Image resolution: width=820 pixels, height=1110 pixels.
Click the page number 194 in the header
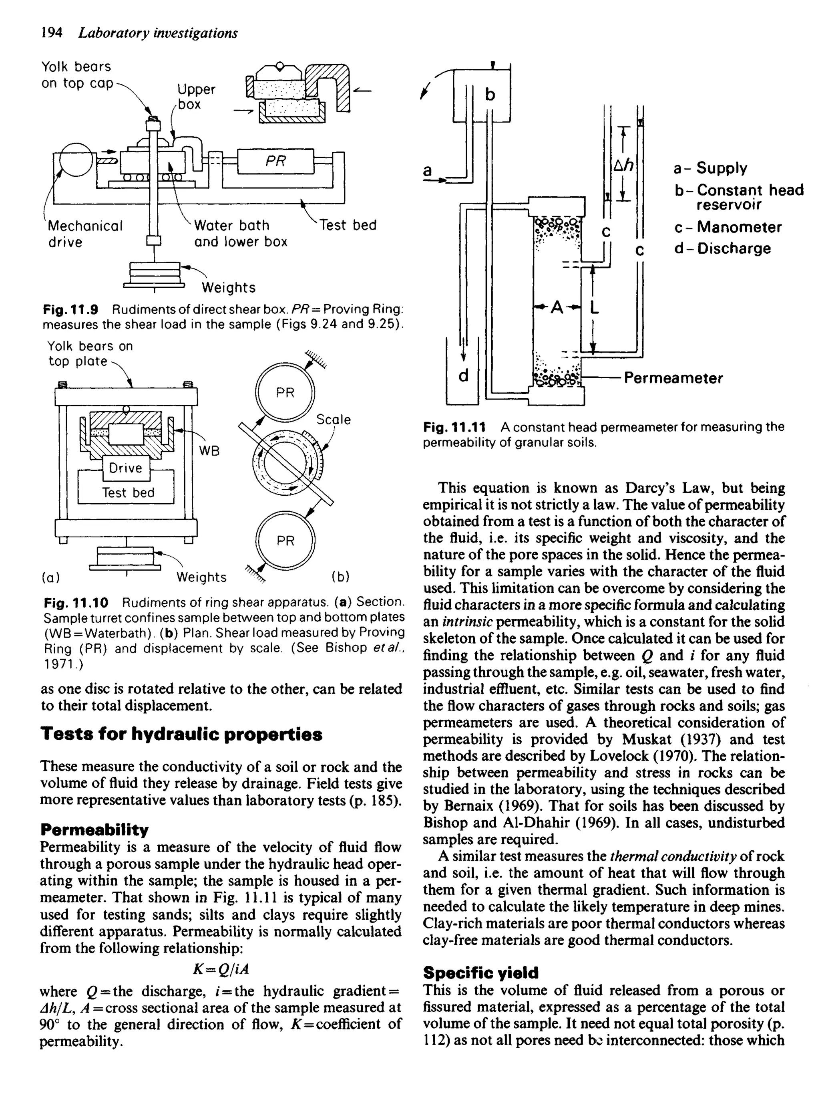(52, 33)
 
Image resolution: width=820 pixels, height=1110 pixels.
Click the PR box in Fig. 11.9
(276, 161)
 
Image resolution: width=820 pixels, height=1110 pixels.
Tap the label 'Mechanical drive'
(84, 234)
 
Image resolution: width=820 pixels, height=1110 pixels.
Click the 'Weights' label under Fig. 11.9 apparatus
(228, 288)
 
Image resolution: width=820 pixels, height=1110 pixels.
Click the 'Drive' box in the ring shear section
(126, 468)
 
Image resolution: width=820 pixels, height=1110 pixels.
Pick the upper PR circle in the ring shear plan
(285, 393)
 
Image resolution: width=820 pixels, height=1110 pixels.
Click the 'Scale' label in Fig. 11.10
(334, 420)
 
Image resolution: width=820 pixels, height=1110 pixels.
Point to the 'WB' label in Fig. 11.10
(209, 450)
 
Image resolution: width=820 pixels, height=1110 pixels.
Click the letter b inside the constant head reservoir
(490, 94)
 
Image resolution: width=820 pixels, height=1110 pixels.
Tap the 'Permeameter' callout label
(673, 378)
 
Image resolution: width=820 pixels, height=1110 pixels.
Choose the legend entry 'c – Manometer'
(728, 227)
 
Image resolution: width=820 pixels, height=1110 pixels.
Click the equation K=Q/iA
(220, 969)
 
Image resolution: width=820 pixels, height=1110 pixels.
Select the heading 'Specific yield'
(480, 973)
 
